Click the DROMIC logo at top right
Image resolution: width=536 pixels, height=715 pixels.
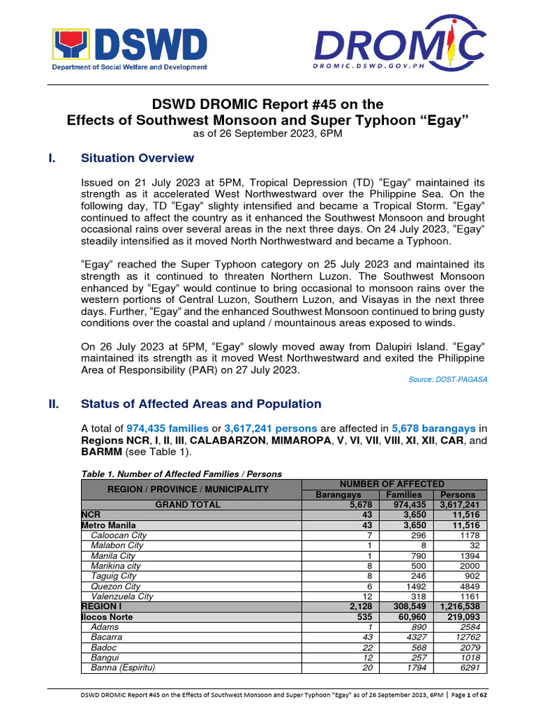[399, 47]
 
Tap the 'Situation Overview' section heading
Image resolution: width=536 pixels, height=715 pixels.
[137, 158]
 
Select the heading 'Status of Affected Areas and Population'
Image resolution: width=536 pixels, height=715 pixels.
[201, 404]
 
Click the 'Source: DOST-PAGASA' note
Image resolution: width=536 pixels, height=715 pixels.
[447, 379]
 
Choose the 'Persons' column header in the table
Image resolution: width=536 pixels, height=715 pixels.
[454, 494]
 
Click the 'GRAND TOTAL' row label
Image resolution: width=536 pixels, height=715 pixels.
[188, 504]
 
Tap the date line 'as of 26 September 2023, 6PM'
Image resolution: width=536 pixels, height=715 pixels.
[267, 134]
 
